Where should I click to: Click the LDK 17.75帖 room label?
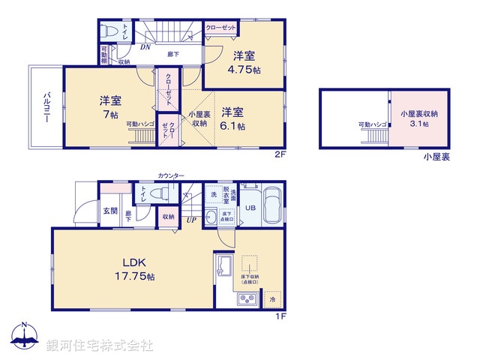[x=139, y=269]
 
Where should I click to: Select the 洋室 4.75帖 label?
[x=245, y=61]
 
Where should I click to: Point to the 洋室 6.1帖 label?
[x=233, y=119]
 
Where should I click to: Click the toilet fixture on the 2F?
[x=109, y=34]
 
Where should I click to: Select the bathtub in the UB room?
[x=273, y=205]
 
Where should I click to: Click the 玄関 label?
[x=110, y=211]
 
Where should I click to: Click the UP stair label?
[x=192, y=220]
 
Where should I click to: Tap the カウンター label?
[x=171, y=175]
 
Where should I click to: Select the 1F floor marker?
[x=280, y=317]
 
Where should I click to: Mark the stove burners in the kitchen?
[x=247, y=301]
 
